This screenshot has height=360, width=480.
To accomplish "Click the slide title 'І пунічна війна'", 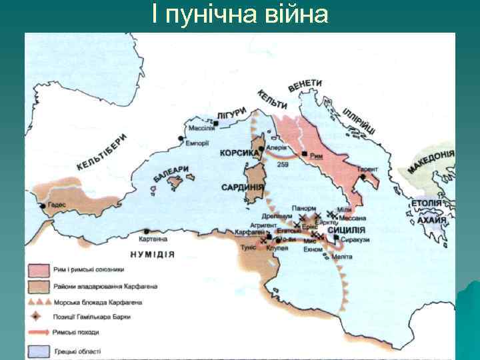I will point(240,14).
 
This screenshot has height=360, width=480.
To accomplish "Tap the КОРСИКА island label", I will point(239,153).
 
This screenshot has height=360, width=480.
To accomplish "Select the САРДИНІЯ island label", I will point(243,187).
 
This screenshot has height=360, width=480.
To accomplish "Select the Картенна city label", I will point(153,239).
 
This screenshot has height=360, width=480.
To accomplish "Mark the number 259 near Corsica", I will point(282,163).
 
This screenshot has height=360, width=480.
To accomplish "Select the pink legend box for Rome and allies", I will point(39,271).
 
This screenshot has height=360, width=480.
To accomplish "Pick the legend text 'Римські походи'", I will point(78,331).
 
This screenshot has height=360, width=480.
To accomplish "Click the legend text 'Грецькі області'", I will point(79,350).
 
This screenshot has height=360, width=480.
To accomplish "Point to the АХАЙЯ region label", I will point(428,218).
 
